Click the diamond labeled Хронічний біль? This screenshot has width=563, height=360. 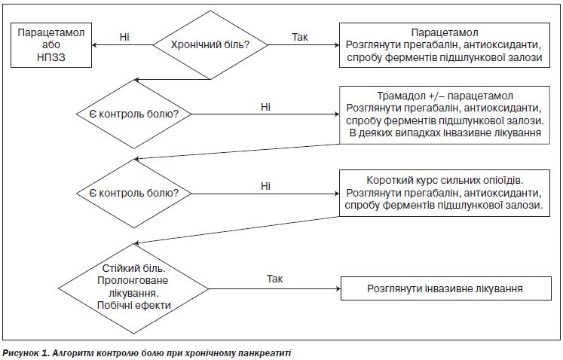coord(210,45)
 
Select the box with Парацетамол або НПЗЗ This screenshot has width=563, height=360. coord(51,45)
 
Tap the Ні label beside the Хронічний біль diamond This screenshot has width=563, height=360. coord(124,37)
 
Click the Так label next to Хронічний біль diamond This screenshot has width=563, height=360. coord(300,37)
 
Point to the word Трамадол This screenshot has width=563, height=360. coord(401,96)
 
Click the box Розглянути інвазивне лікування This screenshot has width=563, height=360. coord(446,288)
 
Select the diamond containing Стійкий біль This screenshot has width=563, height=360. coord(133,288)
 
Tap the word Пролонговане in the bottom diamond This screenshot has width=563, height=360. coord(133,280)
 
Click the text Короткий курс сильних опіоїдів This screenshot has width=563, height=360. coord(445,180)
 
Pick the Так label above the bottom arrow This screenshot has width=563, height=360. coord(274,279)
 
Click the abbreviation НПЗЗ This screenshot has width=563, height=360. coord(51,57)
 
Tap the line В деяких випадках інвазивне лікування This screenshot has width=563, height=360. coord(445,133)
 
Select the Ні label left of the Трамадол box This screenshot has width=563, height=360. coord(265,107)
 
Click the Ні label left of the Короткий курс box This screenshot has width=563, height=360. coord(265,186)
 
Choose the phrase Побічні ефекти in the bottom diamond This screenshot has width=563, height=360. coord(134,306)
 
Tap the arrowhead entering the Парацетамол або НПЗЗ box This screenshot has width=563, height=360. coord(94,45)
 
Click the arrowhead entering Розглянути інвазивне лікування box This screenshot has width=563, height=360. coord(338,288)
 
